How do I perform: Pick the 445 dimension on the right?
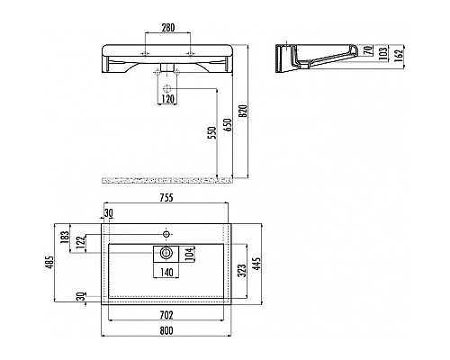(x=259, y=263)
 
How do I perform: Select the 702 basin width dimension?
(x=166, y=315)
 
